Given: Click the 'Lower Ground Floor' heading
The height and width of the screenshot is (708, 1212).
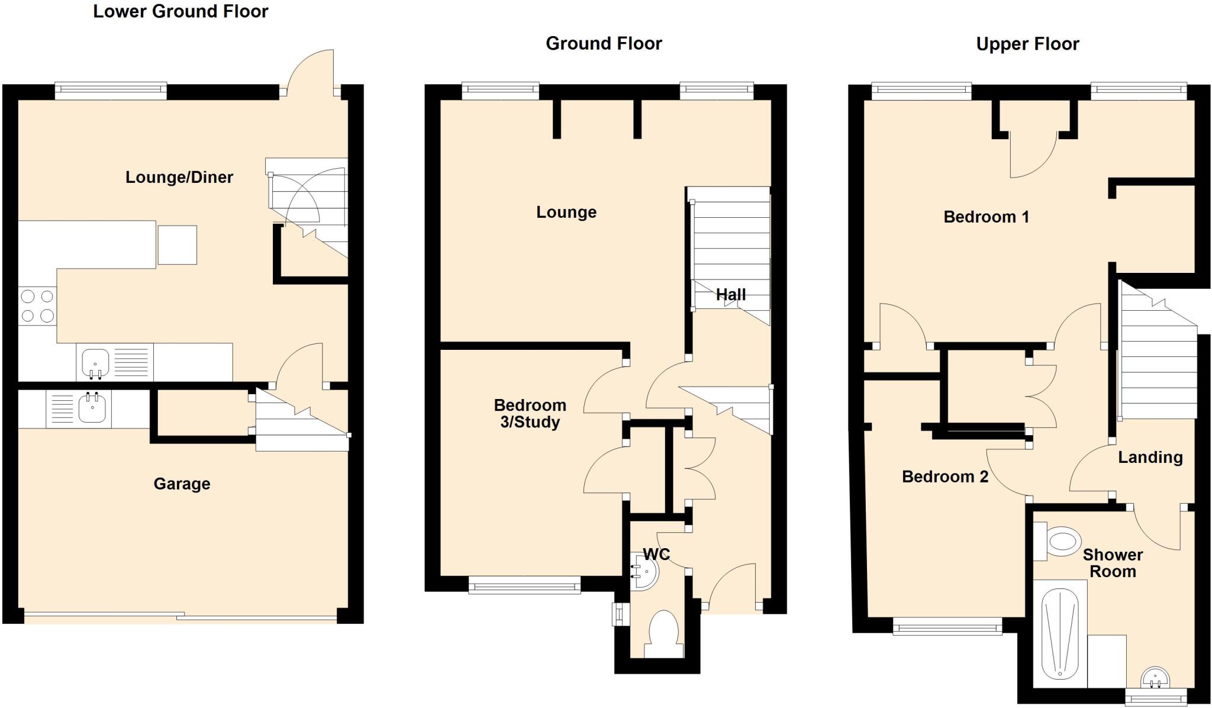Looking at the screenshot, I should pyautogui.click(x=180, y=12).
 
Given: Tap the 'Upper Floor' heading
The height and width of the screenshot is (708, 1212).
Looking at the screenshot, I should pyautogui.click(x=1027, y=44).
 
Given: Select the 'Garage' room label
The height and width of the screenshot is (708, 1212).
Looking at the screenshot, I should pyautogui.click(x=182, y=484).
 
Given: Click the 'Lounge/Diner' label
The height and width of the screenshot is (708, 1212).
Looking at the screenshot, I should pyautogui.click(x=179, y=177).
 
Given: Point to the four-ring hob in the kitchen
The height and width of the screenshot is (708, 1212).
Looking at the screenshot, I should pyautogui.click(x=38, y=306).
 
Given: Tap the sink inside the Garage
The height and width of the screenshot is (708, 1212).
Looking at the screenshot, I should pyautogui.click(x=92, y=408).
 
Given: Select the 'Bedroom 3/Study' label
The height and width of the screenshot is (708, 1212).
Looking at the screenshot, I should pyautogui.click(x=530, y=414).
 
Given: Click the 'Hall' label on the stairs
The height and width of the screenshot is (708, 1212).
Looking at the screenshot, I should pyautogui.click(x=731, y=295).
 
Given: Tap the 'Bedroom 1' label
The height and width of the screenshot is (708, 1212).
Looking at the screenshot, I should pyautogui.click(x=986, y=217).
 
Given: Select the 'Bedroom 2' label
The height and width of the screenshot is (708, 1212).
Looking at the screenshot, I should pyautogui.click(x=945, y=477).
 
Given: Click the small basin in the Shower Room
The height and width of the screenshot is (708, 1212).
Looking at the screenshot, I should pyautogui.click(x=1155, y=678).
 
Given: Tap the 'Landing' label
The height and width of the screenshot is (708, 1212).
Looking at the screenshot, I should pyautogui.click(x=1150, y=458).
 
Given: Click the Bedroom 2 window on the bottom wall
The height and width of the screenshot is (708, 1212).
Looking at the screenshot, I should pyautogui.click(x=947, y=626).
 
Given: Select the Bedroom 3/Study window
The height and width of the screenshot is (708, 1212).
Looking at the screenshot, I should pyautogui.click(x=524, y=585).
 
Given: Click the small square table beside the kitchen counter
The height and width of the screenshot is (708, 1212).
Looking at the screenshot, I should pyautogui.click(x=177, y=244).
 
